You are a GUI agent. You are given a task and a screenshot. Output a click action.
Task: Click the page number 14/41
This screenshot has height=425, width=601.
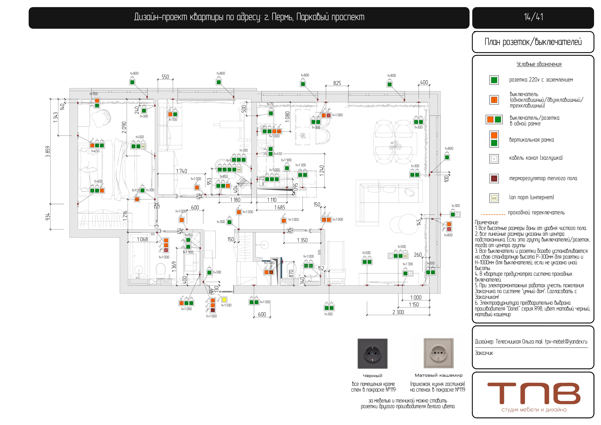[533, 17]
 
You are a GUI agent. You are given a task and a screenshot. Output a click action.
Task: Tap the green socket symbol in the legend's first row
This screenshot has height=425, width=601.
[494, 80]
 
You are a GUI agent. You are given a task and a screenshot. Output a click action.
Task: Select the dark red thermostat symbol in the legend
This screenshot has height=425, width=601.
[494, 178]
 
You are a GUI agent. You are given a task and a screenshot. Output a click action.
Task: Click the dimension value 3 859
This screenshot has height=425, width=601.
[48, 152]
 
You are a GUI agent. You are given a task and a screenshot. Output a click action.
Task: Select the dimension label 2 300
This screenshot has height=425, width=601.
[398, 312]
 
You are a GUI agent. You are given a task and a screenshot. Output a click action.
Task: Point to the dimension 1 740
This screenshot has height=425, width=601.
[181, 171]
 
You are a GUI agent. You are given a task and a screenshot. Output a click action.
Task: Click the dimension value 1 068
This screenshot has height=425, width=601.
[142, 239]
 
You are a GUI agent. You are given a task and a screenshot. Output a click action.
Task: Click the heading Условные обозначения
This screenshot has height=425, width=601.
[539, 64]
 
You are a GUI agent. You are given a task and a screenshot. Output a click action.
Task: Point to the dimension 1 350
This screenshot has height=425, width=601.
[302, 240]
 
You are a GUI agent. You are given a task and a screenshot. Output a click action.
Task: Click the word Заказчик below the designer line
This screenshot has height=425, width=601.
[484, 353]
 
